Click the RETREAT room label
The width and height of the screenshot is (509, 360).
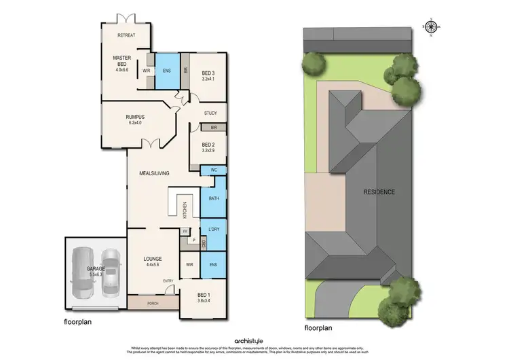(126, 35)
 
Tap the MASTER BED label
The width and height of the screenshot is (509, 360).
(122, 58)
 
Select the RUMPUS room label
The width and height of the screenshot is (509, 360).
(135, 117)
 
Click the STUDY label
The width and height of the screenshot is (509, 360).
(210, 113)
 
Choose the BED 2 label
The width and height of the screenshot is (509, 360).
(208, 144)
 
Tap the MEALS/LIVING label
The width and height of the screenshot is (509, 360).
(154, 173)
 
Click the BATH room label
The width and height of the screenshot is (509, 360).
(214, 198)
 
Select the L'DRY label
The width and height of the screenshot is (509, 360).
(214, 230)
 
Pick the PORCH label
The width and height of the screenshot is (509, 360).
(152, 304)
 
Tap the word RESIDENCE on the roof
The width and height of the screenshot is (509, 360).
(379, 192)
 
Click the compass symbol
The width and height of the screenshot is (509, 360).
(430, 27)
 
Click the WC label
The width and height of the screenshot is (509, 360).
(214, 169)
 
